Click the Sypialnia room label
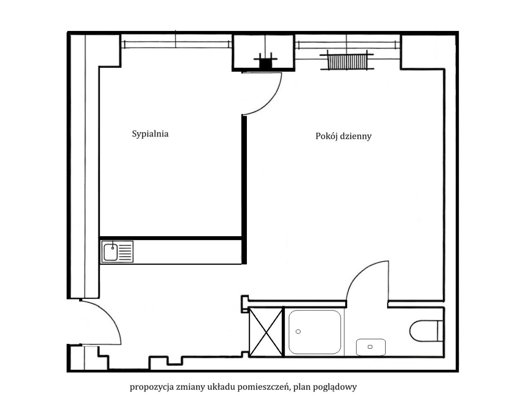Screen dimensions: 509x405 (x=150, y=134)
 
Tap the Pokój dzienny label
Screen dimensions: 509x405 (x=344, y=136)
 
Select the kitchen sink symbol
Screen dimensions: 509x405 (x=117, y=252)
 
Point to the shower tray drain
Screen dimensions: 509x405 (x=298, y=332)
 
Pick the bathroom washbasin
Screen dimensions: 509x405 (x=371, y=347)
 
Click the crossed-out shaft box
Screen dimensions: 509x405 (x=266, y=332)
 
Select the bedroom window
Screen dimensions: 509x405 (x=176, y=45)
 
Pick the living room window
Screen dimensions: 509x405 (x=348, y=45)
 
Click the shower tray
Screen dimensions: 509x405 (x=315, y=332)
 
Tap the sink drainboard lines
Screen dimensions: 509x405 (x=126, y=252)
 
